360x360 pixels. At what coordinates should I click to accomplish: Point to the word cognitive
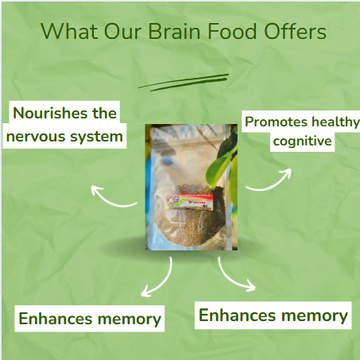(x=302, y=141)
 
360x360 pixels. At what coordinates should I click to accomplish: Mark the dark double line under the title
(x=184, y=80)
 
